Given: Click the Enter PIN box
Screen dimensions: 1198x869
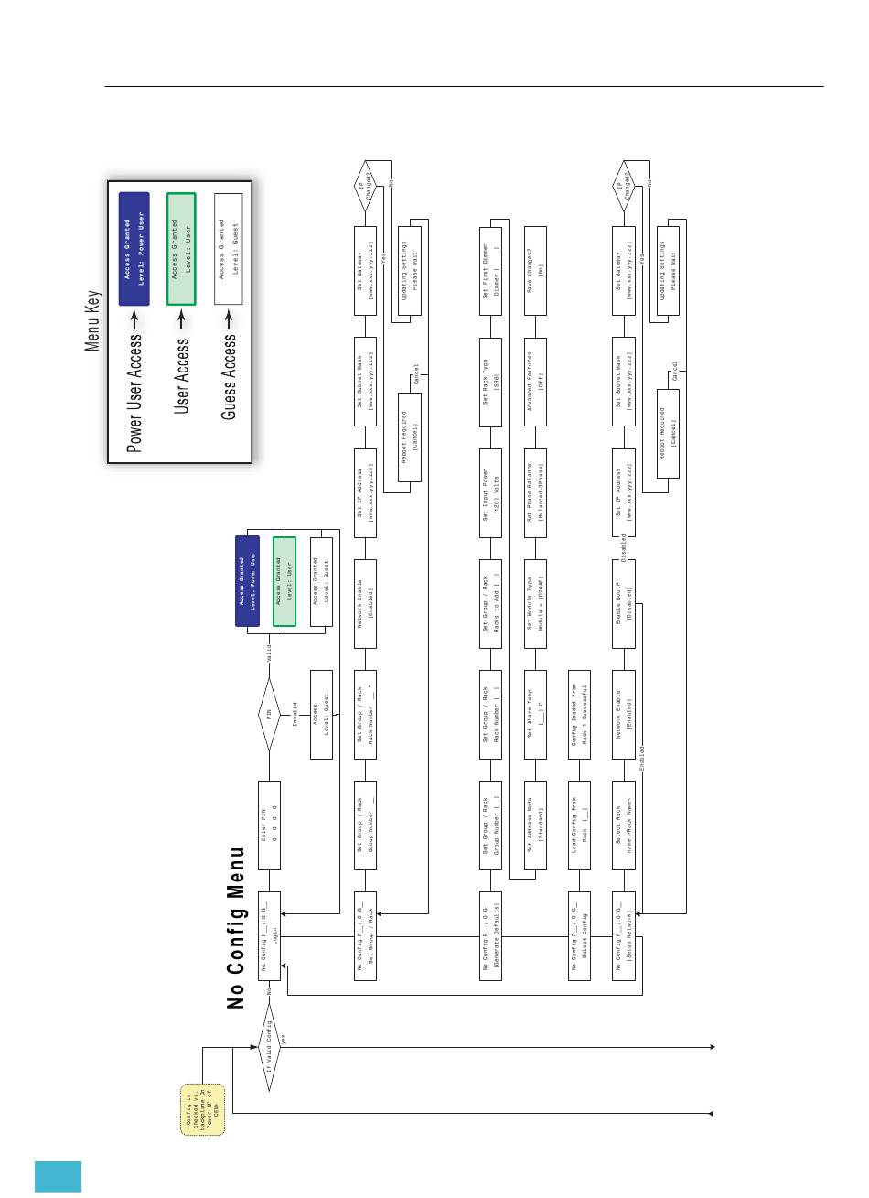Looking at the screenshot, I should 268,825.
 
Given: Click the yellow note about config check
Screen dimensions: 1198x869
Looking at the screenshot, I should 201,1108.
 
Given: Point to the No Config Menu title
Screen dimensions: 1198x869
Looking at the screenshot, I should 238,928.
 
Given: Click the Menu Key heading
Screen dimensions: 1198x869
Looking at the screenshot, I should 93,321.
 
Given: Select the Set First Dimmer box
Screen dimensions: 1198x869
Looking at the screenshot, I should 491,271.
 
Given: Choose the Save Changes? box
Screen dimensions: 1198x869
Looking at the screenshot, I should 534,271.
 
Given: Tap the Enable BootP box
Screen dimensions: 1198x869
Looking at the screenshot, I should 623,603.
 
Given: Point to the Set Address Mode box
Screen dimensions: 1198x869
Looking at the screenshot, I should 534,825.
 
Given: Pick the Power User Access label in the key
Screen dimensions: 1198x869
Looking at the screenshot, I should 134,394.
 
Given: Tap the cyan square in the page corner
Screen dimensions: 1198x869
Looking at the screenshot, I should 59,1177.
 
